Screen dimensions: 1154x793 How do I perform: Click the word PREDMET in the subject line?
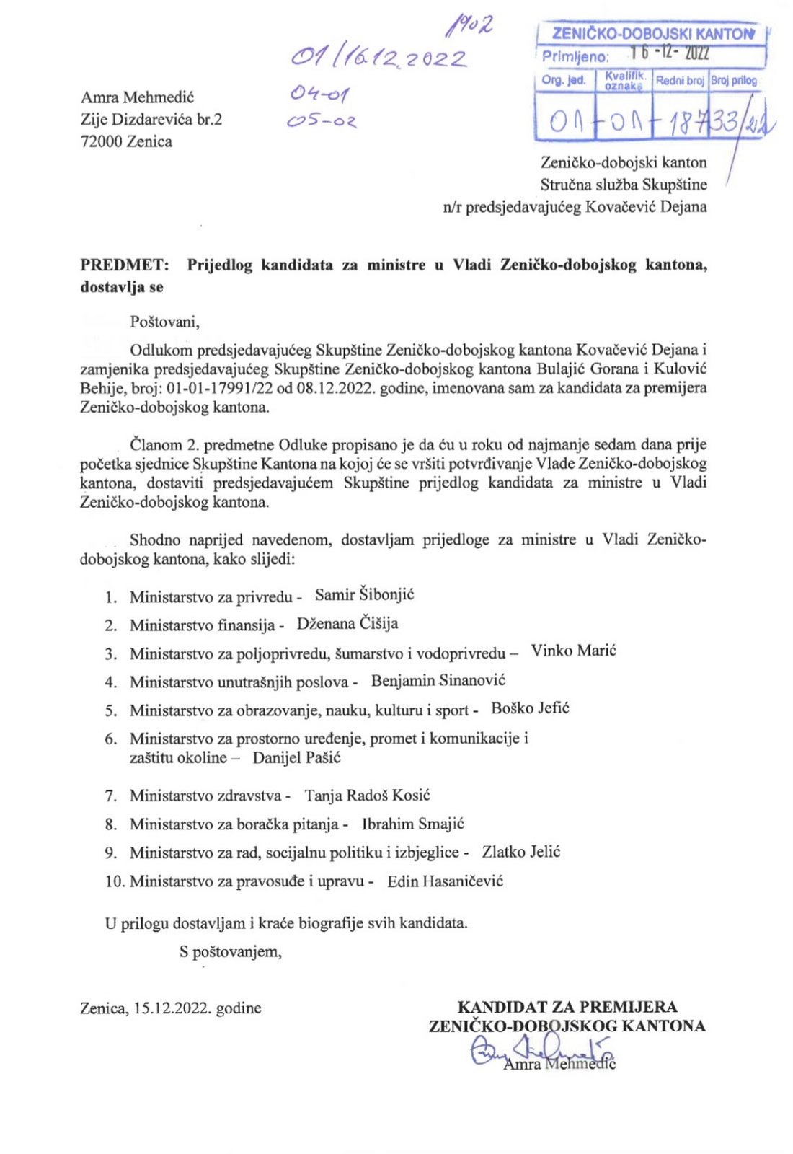[124, 265]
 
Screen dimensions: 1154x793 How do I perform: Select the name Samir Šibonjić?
[364, 595]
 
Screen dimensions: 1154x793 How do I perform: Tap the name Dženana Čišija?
[347, 624]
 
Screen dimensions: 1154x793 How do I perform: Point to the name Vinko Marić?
[573, 651]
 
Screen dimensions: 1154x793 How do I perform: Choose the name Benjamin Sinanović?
[438, 680]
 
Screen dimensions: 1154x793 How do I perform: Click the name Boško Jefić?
[530, 708]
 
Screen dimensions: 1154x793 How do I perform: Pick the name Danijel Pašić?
[296, 757]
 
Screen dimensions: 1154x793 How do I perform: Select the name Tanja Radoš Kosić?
[367, 796]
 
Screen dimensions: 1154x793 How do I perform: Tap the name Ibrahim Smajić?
[412, 824]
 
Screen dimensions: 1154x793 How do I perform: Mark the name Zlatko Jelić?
[520, 852]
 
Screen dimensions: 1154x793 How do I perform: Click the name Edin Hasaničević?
[445, 881]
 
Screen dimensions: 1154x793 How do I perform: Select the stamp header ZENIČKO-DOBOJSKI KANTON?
[652, 34]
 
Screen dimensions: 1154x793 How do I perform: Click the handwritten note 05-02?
[322, 122]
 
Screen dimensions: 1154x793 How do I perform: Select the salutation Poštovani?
[164, 322]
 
